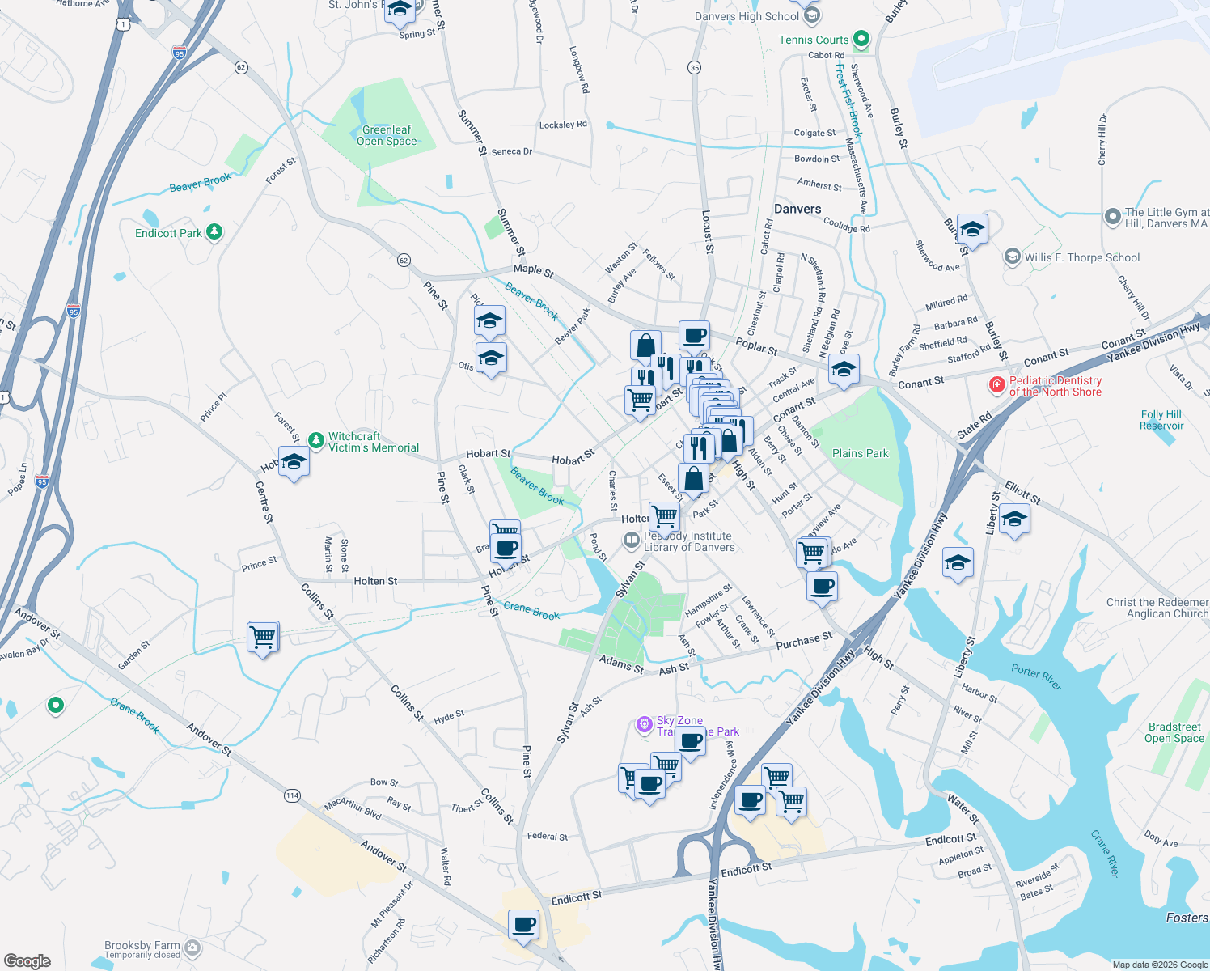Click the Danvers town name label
(x=797, y=209)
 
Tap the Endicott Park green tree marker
(x=214, y=232)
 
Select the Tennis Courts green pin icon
(x=861, y=38)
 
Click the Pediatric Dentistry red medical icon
(x=997, y=385)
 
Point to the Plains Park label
(x=860, y=453)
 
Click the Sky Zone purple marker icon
(x=645, y=724)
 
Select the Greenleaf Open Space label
(x=387, y=135)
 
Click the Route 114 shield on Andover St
(x=292, y=795)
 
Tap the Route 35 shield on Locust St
(x=695, y=67)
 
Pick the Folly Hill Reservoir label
(x=1161, y=420)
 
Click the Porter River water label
(x=1036, y=676)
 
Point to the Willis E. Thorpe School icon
(x=1012, y=257)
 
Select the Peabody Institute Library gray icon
(x=632, y=540)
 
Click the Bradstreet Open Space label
(x=1174, y=732)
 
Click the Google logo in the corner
(x=27, y=960)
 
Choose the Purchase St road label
(x=803, y=641)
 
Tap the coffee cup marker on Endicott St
(x=524, y=923)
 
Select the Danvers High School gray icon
(x=812, y=15)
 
